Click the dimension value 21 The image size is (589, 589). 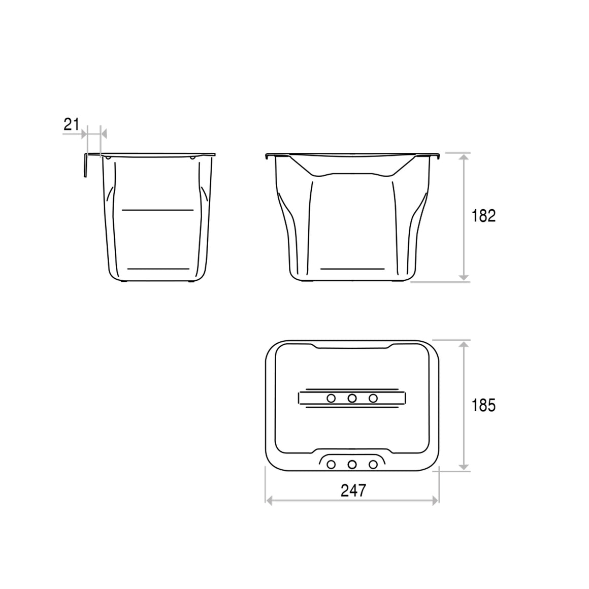coord(72,124)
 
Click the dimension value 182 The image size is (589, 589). coord(483,216)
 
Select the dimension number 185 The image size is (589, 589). coord(483,405)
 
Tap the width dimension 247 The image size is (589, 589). coord(353,490)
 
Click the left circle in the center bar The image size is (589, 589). coord(331,398)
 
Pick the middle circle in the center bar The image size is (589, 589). coord(352,398)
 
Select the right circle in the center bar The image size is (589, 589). coord(373,398)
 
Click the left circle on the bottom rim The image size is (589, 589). coord(331,465)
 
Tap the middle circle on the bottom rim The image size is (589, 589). coord(352,465)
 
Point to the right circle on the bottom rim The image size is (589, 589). coord(373,465)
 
